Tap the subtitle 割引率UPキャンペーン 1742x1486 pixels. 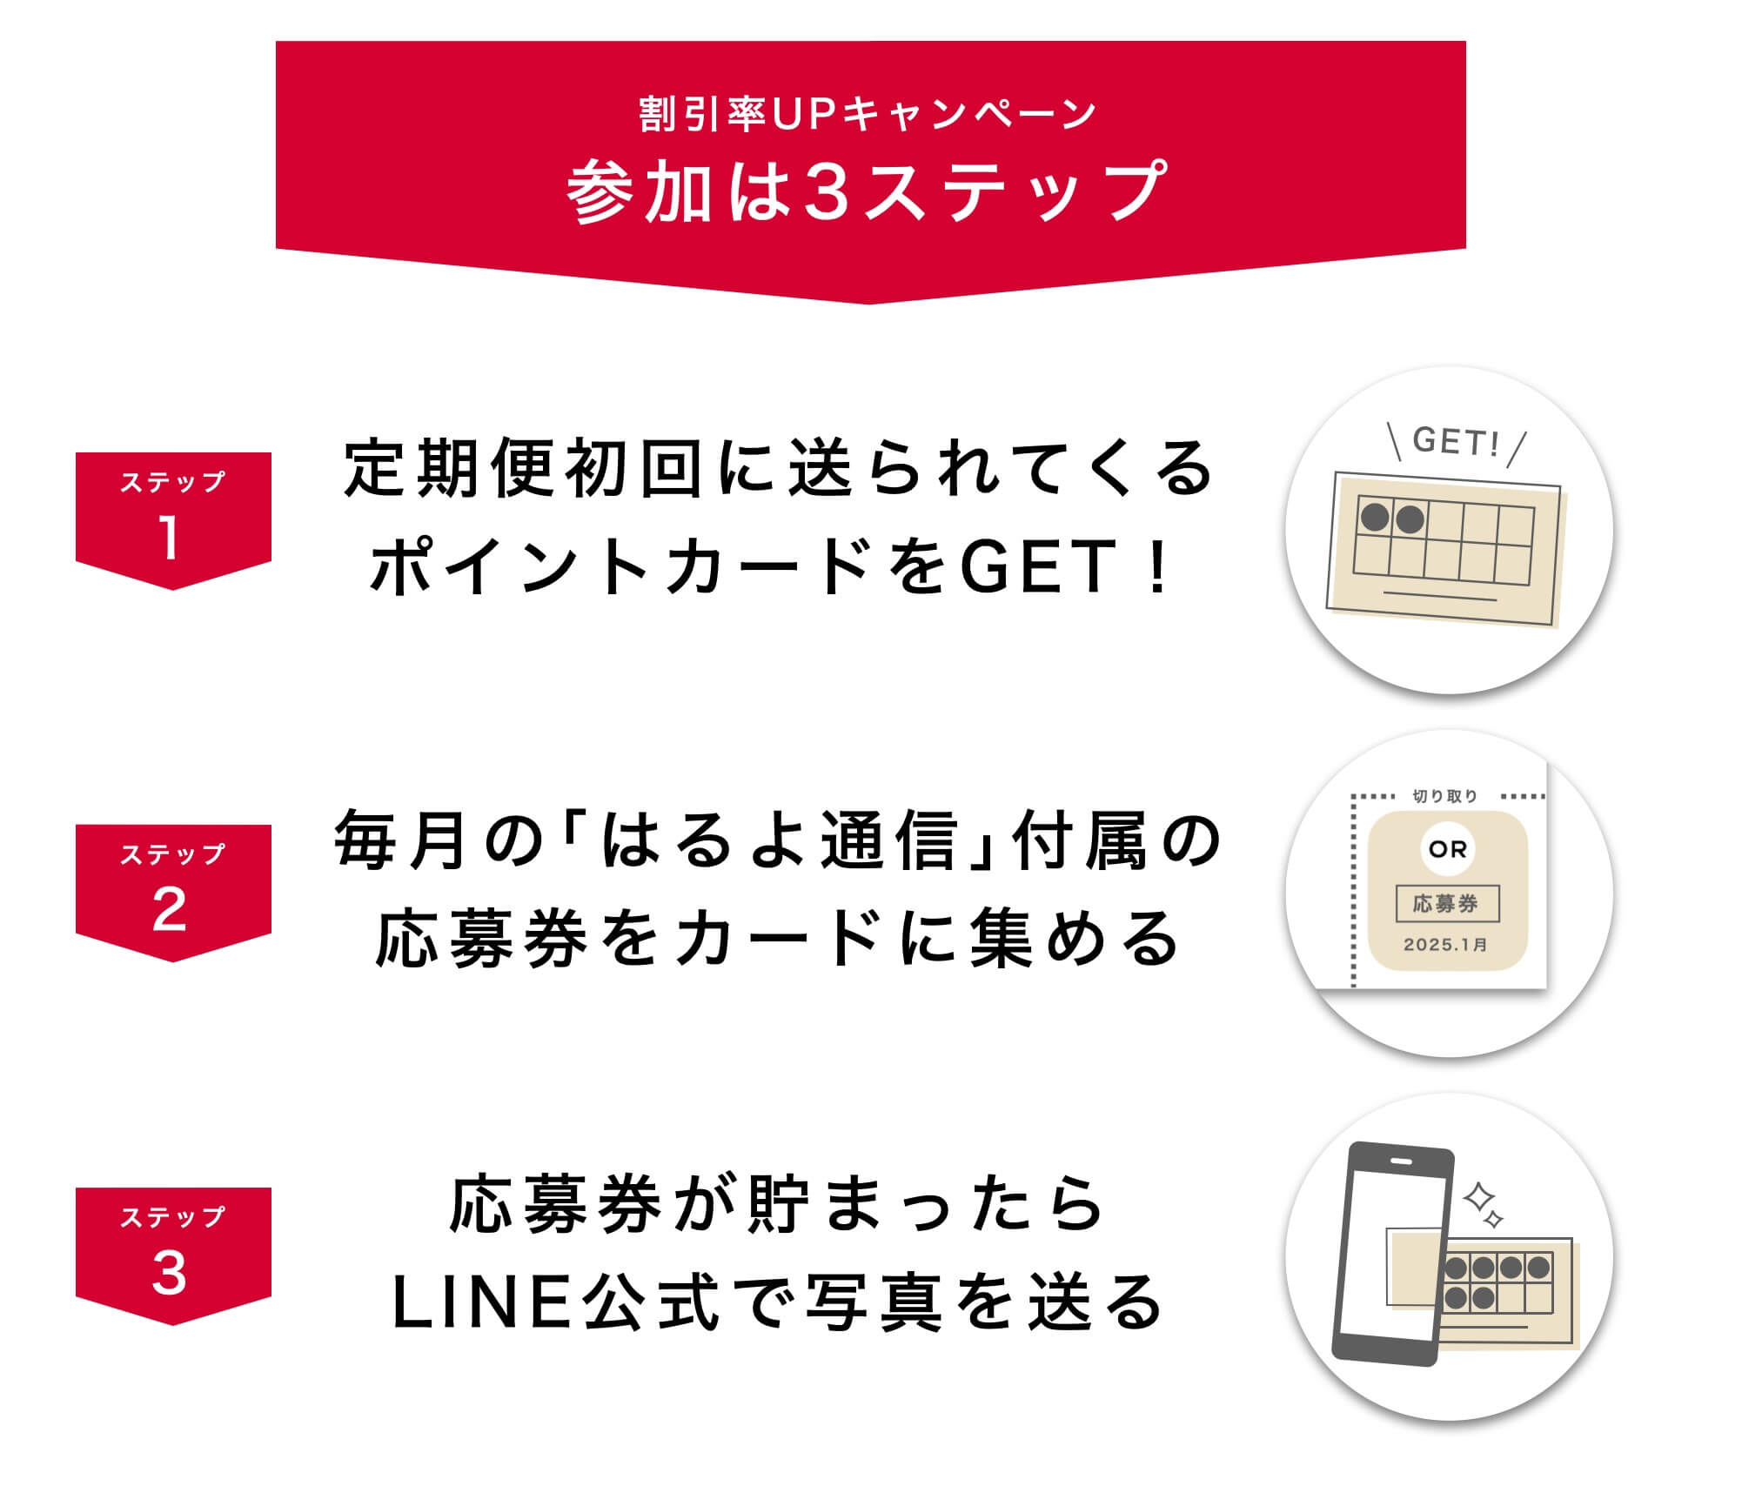[868, 115]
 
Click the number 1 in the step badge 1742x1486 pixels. [171, 538]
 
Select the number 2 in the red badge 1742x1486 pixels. [170, 910]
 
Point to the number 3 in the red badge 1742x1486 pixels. [170, 1273]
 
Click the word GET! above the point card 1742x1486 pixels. [1456, 442]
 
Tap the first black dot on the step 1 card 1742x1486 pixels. [1375, 518]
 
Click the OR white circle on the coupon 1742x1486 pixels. [1448, 848]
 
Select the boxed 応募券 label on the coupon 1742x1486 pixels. [1447, 904]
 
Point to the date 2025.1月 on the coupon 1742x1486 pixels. [1446, 945]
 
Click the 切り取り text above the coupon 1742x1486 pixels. [1444, 796]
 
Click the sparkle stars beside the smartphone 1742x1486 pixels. [1483, 1205]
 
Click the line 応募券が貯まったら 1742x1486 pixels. [776, 1204]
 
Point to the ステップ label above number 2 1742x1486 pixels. [172, 854]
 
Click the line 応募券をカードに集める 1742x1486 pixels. [776, 939]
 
